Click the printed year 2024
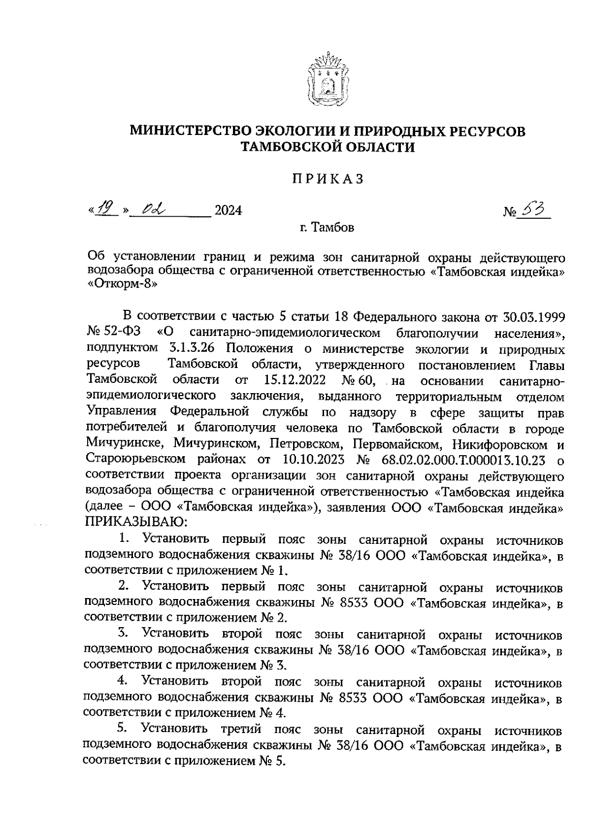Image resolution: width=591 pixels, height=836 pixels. click(x=229, y=211)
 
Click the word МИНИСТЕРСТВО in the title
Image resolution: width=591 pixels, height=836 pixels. click(x=191, y=132)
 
